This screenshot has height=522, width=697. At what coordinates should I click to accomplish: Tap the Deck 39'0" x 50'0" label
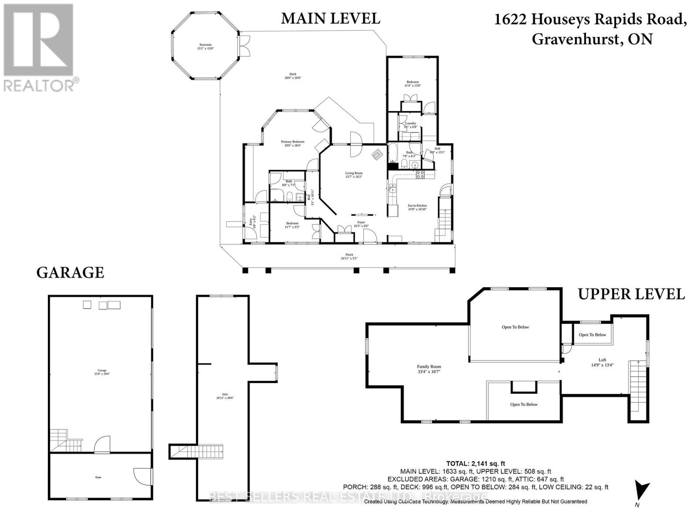[x=296, y=76]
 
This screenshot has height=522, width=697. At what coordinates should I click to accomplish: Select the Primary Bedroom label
[x=292, y=143]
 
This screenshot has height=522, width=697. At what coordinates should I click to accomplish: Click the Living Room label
[x=354, y=175]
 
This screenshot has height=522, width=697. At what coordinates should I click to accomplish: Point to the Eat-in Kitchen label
[x=417, y=207]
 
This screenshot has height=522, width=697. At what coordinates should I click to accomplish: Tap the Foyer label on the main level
[x=361, y=224]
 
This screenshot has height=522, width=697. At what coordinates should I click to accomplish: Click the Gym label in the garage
[x=98, y=478]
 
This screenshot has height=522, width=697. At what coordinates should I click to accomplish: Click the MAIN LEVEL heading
[x=330, y=18]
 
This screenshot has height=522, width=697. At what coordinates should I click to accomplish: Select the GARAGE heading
[x=70, y=273]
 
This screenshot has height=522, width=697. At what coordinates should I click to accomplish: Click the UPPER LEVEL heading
[x=631, y=294]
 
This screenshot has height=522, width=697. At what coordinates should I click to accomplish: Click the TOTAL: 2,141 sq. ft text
[x=476, y=464]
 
